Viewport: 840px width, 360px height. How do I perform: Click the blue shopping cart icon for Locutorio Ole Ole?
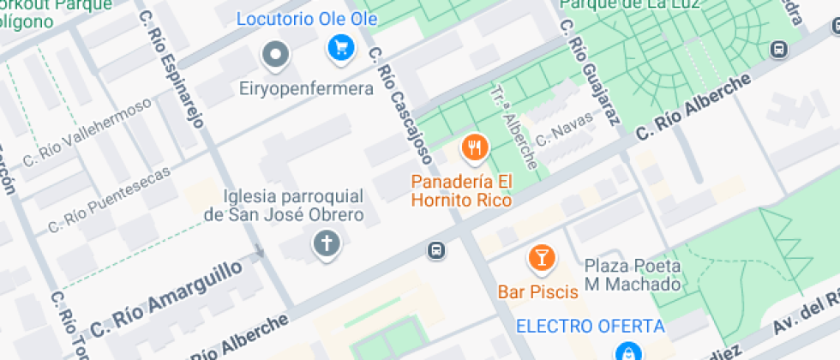pyautogui.click(x=341, y=47)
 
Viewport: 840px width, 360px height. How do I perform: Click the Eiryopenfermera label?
pyautogui.click(x=306, y=89)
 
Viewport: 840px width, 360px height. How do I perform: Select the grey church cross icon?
pyautogui.click(x=326, y=244)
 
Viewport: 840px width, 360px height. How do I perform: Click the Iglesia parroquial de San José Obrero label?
pyautogui.click(x=284, y=206)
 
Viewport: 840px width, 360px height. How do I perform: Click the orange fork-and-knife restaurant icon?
pyautogui.click(x=474, y=149)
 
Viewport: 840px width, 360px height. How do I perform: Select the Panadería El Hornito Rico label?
pyautogui.click(x=461, y=191)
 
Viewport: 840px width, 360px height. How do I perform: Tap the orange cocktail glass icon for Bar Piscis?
pyautogui.click(x=541, y=256)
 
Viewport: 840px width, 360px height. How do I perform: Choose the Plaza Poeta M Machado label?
pyautogui.click(x=633, y=274)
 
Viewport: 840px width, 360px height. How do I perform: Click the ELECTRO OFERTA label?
pyautogui.click(x=590, y=327)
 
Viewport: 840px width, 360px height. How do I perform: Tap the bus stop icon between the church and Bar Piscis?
pyautogui.click(x=435, y=250)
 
